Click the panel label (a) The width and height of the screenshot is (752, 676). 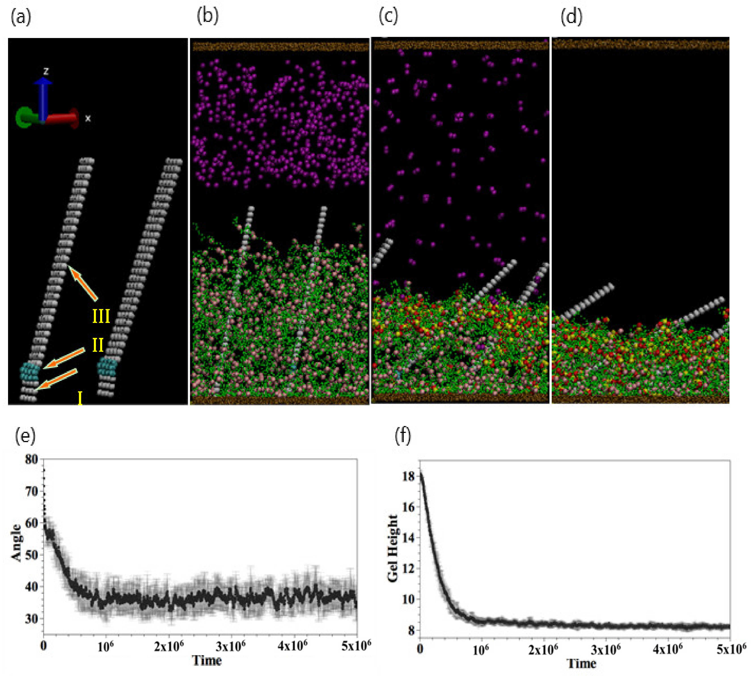(21, 17)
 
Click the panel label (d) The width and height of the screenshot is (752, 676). (571, 17)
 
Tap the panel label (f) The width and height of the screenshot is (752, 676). (403, 435)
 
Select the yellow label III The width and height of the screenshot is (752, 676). (101, 316)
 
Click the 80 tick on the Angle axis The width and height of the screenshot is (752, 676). (31, 460)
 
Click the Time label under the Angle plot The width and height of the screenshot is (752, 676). (207, 660)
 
